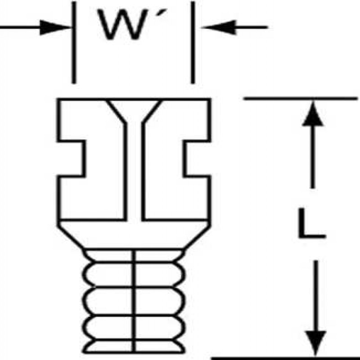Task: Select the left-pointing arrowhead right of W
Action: coord(214,27)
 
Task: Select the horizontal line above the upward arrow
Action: coord(301,98)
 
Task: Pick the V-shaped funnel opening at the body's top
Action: coord(134,110)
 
